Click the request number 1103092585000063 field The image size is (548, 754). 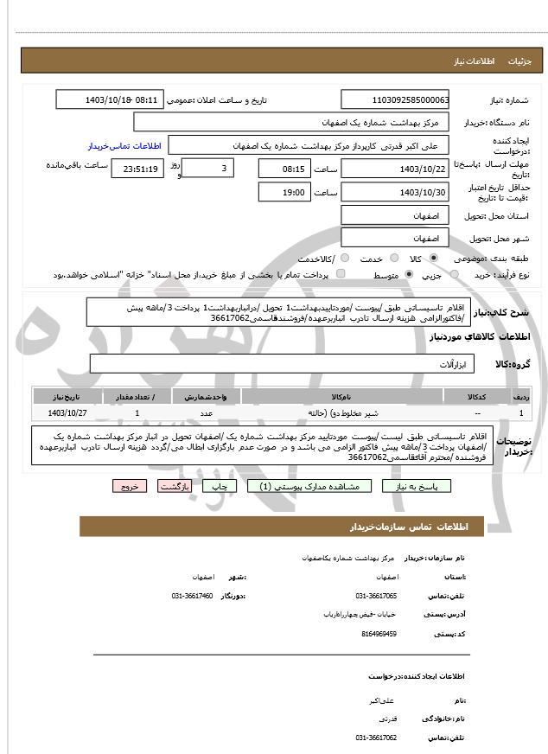pyautogui.click(x=395, y=100)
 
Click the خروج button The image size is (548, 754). pyautogui.click(x=130, y=487)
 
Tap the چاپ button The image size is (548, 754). pyautogui.click(x=219, y=487)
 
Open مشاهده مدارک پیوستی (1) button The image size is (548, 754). pyautogui.click(x=309, y=487)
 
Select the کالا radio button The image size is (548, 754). pyautogui.click(x=433, y=259)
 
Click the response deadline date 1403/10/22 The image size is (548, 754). pyautogui.click(x=395, y=169)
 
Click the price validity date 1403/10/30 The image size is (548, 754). pyautogui.click(x=395, y=192)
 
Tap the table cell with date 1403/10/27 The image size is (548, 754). pyautogui.click(x=67, y=413)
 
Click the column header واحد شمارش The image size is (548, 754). pyautogui.click(x=207, y=396)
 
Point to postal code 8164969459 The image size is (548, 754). pyautogui.click(x=379, y=634)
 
